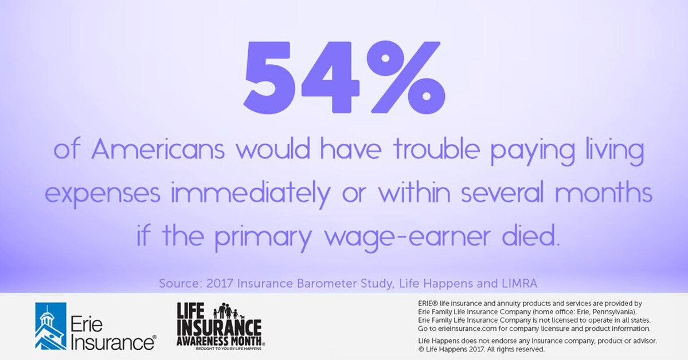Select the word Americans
(x=160, y=151)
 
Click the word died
(x=529, y=235)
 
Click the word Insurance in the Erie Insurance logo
(x=112, y=342)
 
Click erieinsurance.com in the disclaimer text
(x=468, y=328)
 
